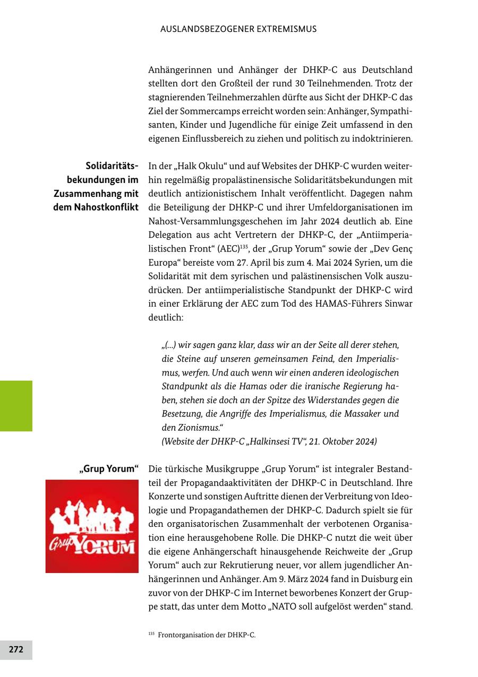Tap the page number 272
[x=16, y=649]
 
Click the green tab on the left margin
[x=16, y=405]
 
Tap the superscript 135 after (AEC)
[x=244, y=246]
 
